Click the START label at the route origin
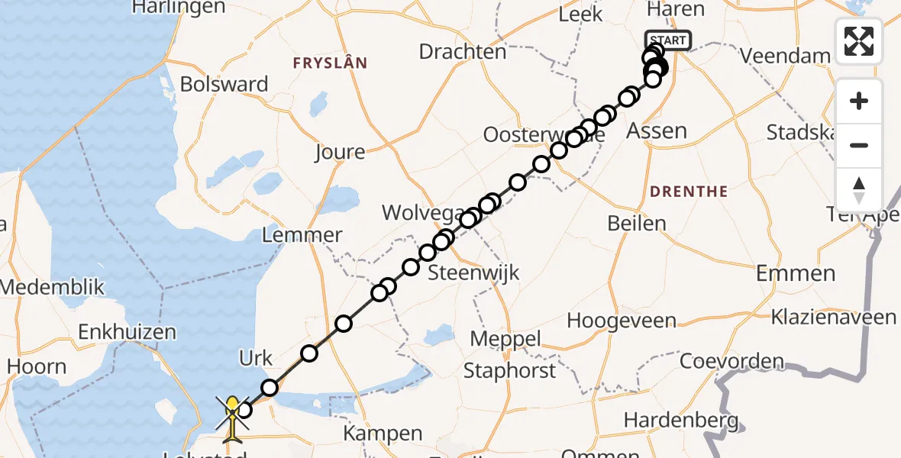668,40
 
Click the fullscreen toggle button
859,40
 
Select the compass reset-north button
859,189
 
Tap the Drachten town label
463,52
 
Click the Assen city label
656,131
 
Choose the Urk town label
256,358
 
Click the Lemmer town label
302,234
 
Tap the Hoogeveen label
610,320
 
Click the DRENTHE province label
688,191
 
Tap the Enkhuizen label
127,332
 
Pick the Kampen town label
383,434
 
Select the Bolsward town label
224,84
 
